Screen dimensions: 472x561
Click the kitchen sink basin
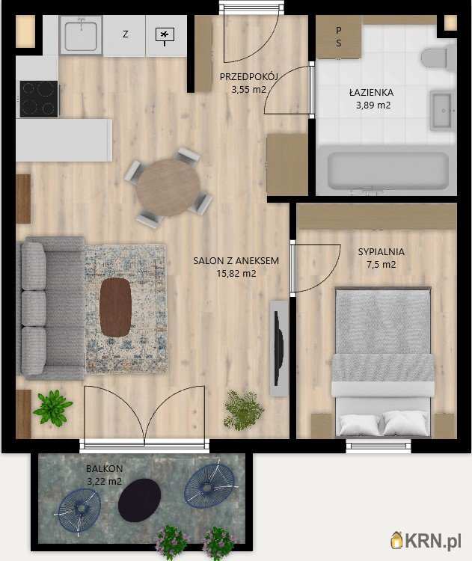[82, 35]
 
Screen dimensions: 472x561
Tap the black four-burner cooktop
[39, 99]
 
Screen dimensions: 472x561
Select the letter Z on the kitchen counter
[125, 34]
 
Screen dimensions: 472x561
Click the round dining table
[168, 187]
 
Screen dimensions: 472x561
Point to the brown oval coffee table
[115, 307]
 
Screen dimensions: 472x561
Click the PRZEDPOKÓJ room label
[249, 76]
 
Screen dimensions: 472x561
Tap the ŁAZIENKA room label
[372, 92]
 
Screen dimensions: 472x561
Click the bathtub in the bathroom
[388, 171]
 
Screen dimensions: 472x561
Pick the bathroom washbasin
[442, 111]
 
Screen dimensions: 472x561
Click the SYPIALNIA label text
[381, 251]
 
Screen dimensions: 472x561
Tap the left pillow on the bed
[359, 424]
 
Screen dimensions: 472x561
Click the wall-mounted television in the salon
[279, 348]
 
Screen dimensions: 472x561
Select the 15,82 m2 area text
[236, 274]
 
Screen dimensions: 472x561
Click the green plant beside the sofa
[52, 408]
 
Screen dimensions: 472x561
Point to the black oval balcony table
[140, 500]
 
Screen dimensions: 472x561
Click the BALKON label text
[104, 468]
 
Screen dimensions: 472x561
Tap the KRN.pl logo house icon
[397, 540]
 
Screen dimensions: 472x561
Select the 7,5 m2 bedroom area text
[381, 264]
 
